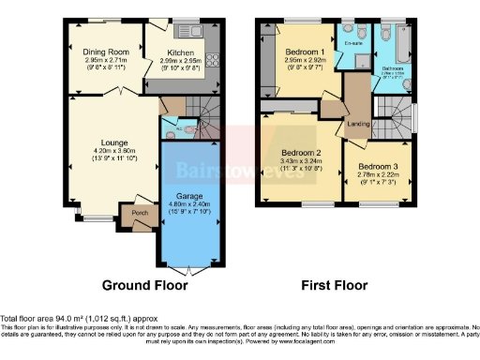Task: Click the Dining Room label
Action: pyautogui.click(x=104, y=51)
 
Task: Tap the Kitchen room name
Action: pyautogui.click(x=181, y=53)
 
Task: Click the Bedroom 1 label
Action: pyautogui.click(x=305, y=51)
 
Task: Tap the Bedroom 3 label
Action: pyautogui.click(x=377, y=168)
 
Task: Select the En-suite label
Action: pyautogui.click(x=354, y=43)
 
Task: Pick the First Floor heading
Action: pyautogui.click(x=336, y=285)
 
